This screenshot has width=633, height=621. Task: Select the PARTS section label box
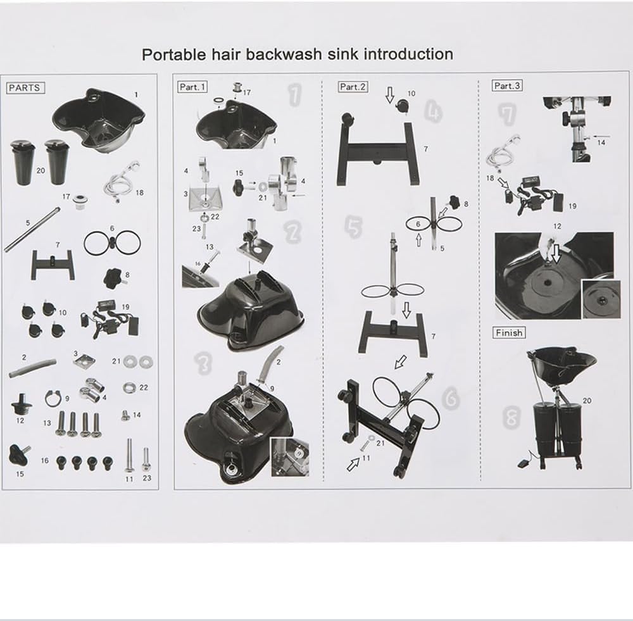[x=25, y=87]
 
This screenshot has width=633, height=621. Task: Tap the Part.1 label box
[x=192, y=87]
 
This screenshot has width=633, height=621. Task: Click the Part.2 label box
[x=353, y=86]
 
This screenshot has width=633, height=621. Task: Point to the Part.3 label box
[x=507, y=85]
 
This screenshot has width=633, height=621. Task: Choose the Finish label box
[x=509, y=333]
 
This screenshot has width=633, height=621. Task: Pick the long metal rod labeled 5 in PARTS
[x=32, y=229]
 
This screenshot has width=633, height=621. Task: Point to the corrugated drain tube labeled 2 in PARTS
[x=32, y=367]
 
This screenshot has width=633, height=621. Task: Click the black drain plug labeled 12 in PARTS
[x=21, y=404]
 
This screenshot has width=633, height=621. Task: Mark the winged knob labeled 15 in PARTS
[x=20, y=453]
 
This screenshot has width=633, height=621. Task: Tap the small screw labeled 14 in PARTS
[x=125, y=415]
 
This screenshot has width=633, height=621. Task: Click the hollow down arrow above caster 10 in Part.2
[x=389, y=94]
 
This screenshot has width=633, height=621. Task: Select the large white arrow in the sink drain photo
[x=556, y=254]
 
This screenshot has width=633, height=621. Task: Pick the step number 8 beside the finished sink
[x=511, y=418]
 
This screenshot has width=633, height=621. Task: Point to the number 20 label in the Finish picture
[x=587, y=401]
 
